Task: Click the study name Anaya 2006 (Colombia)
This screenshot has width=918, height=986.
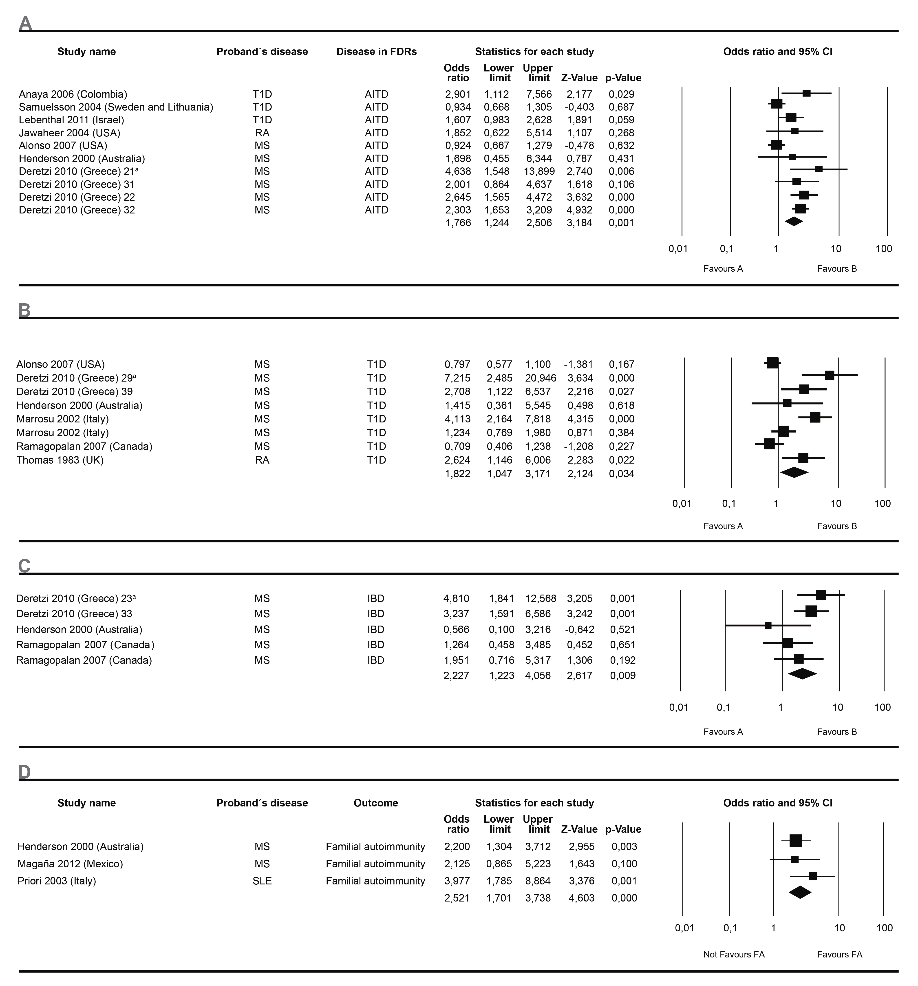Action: point(73,94)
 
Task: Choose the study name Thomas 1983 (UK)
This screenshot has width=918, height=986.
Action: point(60,460)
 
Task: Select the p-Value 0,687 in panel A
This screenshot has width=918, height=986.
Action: point(622,107)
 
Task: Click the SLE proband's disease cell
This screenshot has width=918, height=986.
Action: point(262,881)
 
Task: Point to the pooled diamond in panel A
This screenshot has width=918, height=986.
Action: point(794,222)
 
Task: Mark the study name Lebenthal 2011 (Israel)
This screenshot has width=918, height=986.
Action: point(71,120)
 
